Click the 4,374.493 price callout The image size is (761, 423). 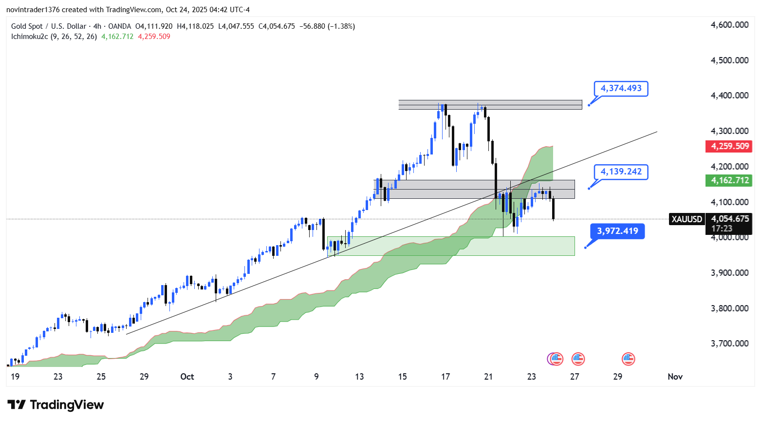[x=621, y=89]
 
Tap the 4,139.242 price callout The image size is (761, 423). [x=621, y=172]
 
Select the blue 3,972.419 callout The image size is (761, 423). [x=617, y=231]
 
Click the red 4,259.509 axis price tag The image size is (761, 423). [x=729, y=146]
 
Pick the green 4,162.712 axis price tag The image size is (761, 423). [x=729, y=180]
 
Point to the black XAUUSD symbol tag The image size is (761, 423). [x=687, y=219]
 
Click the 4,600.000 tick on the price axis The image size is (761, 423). [x=729, y=25]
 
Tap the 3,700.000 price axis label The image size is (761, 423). [x=729, y=344]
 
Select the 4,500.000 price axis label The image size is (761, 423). [x=729, y=60]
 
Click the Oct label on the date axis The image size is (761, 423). [x=187, y=377]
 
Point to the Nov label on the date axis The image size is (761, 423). [x=675, y=377]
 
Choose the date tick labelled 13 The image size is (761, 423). [x=359, y=377]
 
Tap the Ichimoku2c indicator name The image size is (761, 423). [x=30, y=37]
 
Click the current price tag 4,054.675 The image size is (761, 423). [x=729, y=219]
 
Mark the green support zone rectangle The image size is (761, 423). [x=450, y=246]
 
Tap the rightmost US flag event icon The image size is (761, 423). [x=628, y=359]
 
